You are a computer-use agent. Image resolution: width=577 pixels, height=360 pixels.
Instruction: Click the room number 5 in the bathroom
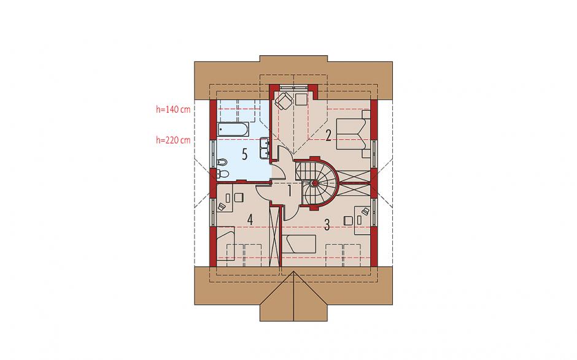pyautogui.click(x=245, y=155)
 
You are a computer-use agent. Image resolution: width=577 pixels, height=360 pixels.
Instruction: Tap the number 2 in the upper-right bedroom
pyautogui.click(x=328, y=136)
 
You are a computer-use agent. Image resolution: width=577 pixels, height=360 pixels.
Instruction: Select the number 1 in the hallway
pyautogui.click(x=290, y=191)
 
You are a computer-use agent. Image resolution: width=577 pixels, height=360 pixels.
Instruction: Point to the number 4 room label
pyautogui.click(x=250, y=220)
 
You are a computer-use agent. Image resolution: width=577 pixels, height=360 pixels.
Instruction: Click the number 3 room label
pyautogui.click(x=327, y=224)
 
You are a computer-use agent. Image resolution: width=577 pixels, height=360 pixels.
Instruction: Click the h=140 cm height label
pyautogui.click(x=173, y=109)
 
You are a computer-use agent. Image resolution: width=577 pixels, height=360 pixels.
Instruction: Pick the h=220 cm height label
pyautogui.click(x=173, y=140)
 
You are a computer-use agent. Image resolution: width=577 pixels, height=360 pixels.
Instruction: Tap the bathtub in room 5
pyautogui.click(x=233, y=129)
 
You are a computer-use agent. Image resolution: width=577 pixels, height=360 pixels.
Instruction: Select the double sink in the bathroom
pyautogui.click(x=264, y=148)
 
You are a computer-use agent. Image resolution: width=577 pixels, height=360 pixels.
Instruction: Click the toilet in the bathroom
pyautogui.click(x=223, y=174)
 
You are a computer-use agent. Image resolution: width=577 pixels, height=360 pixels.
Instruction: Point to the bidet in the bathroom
pyautogui.click(x=222, y=162)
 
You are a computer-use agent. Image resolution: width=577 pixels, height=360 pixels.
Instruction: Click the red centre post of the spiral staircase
pyautogui.click(x=315, y=183)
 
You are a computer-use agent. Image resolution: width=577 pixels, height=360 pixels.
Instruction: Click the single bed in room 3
pyautogui.click(x=300, y=244)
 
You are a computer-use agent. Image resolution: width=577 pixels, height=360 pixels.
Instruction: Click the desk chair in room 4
pyautogui.click(x=238, y=198)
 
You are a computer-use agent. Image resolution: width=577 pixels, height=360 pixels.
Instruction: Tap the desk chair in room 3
pyautogui.click(x=348, y=220)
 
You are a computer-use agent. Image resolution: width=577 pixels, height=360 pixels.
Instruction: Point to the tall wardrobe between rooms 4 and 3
pyautogui.click(x=274, y=236)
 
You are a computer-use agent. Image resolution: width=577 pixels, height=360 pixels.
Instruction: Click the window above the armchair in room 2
pyautogui.click(x=293, y=87)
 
